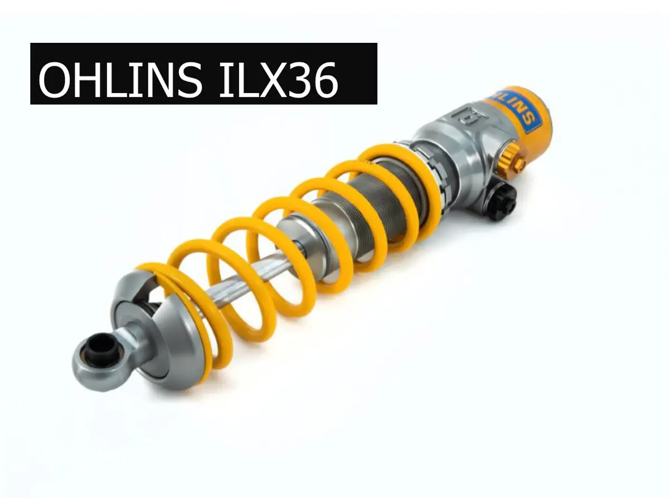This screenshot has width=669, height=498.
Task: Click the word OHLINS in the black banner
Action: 120,79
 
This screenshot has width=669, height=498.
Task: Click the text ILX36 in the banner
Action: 278,79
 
